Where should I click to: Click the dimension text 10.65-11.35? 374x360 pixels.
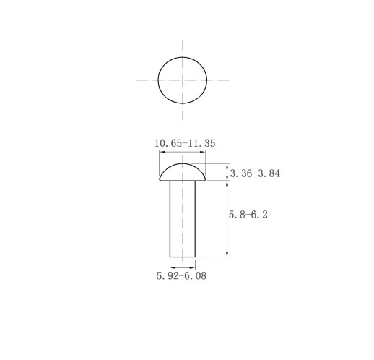point(185,143)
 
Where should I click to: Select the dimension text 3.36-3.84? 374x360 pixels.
point(255,173)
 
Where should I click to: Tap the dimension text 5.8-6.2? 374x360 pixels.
point(248,214)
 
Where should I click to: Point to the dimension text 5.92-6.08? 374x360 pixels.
point(181,275)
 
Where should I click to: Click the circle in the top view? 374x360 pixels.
point(158,80)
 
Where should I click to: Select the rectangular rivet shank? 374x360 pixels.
point(183,219)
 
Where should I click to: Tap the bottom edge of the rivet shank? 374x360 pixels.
point(183,257)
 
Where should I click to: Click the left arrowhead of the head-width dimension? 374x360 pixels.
point(162,152)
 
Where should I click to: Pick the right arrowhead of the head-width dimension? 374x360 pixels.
point(203,152)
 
